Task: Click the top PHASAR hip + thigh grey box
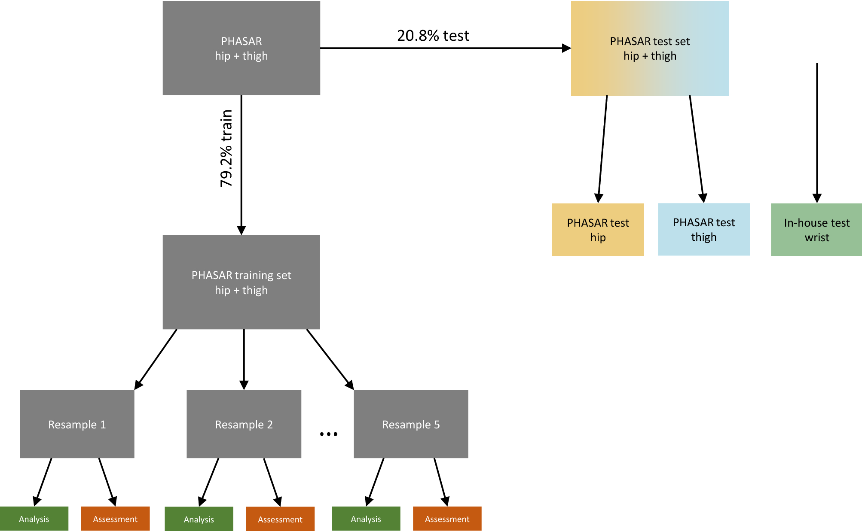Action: click(x=241, y=48)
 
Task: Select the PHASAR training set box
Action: click(x=241, y=282)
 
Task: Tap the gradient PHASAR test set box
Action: click(x=650, y=48)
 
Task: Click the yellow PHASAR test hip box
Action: click(x=598, y=230)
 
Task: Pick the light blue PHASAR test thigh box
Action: click(x=703, y=229)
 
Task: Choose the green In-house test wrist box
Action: click(x=816, y=230)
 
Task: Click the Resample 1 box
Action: click(x=77, y=424)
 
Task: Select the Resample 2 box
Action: click(x=244, y=424)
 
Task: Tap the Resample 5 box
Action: click(x=411, y=424)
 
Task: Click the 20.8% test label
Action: click(x=433, y=36)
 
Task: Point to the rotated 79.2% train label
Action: click(x=226, y=148)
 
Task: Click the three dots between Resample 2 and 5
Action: click(x=328, y=434)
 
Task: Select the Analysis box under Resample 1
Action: click(x=34, y=519)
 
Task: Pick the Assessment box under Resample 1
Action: click(x=115, y=519)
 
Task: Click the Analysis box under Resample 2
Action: click(x=199, y=519)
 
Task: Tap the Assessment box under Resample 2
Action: click(x=280, y=519)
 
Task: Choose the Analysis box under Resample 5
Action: click(x=366, y=519)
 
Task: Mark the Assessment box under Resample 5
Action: click(x=447, y=519)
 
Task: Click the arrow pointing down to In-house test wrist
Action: click(x=816, y=133)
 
